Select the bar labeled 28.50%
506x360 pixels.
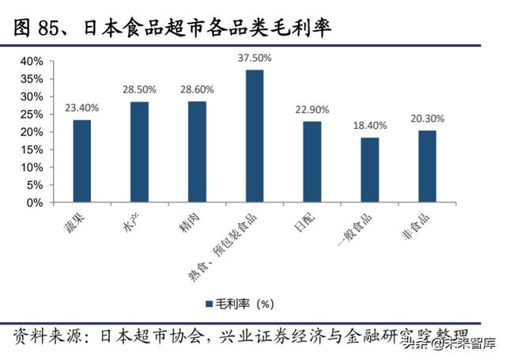click(139, 152)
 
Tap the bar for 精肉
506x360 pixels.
click(197, 152)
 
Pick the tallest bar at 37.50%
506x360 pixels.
click(254, 136)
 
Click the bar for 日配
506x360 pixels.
click(312, 161)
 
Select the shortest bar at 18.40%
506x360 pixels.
click(369, 169)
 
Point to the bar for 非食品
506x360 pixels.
click(427, 166)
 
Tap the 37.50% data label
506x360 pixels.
click(254, 58)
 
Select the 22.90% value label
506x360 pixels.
click(312, 109)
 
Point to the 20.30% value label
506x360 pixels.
click(427, 119)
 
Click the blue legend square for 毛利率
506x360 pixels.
click(210, 302)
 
